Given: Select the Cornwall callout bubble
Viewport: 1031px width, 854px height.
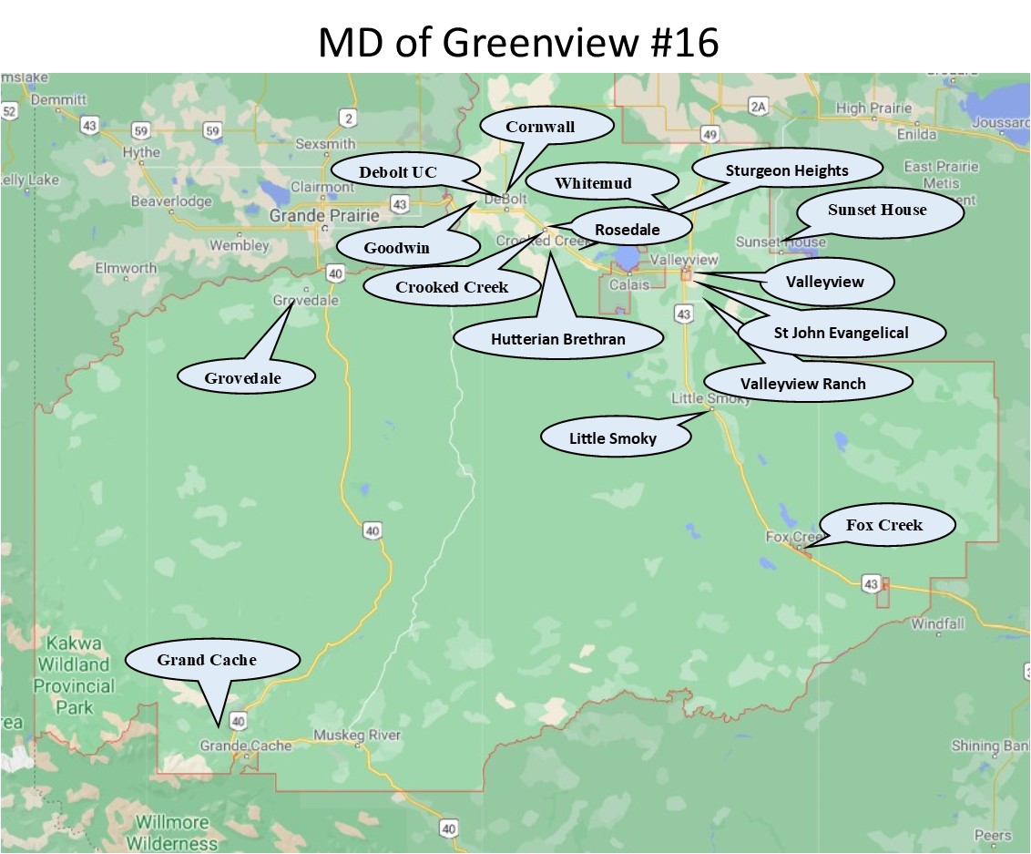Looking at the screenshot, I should tap(540, 127).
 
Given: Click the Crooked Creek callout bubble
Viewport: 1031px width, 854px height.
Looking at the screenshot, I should tap(452, 286).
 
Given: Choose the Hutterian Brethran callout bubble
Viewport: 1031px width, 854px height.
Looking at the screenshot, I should tap(558, 338).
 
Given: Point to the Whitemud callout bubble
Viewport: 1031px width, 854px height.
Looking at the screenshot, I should tap(593, 183).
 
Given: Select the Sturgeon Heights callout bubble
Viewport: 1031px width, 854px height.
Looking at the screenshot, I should tap(787, 170).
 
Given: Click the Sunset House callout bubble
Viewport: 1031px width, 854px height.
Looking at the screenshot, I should tap(876, 210).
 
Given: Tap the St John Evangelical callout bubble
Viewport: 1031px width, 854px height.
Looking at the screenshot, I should tap(841, 333).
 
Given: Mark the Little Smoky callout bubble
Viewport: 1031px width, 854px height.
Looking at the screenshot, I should tap(613, 437).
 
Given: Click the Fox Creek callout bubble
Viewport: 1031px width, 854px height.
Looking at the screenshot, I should tap(884, 524).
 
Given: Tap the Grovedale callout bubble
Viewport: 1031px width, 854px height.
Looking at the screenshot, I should tap(243, 376).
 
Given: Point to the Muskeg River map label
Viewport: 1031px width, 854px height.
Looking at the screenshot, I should tap(356, 735).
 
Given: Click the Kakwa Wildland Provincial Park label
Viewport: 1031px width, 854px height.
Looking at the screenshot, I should tap(75, 675).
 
